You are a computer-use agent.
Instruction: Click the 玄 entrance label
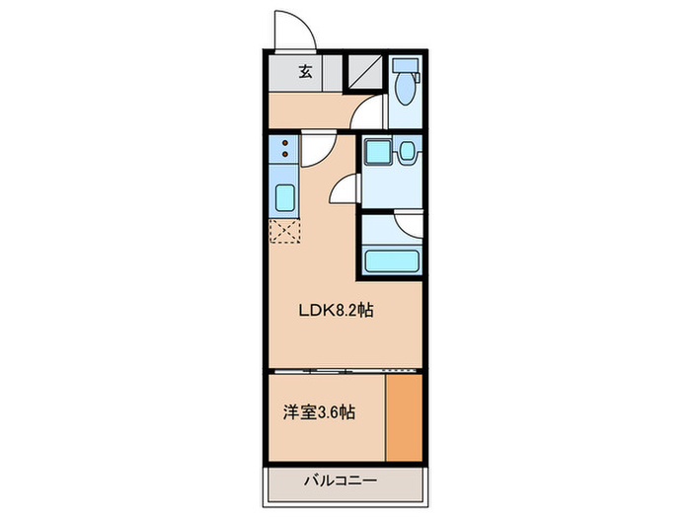coord(306,72)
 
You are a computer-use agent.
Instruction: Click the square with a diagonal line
coord(363,73)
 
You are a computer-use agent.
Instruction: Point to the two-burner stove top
coord(284,150)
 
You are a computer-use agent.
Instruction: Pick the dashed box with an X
coord(284,233)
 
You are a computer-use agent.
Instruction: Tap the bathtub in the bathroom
coord(393,261)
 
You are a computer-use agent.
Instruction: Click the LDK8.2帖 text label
coord(336,309)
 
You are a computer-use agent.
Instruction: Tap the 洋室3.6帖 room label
coord(319,412)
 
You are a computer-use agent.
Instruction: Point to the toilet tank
coord(405,68)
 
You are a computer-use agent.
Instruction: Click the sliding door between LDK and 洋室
coord(326,370)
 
